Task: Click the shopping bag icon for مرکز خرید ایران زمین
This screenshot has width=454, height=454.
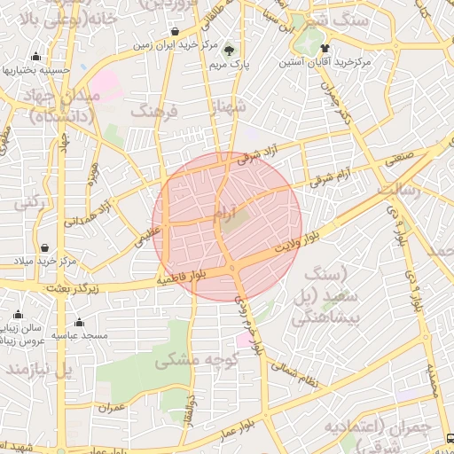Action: (x=175, y=33)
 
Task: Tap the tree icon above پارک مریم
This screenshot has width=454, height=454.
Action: (x=231, y=50)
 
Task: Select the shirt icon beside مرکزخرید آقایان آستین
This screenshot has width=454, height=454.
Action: (x=325, y=48)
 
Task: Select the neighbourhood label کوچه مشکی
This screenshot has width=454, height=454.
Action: (x=186, y=359)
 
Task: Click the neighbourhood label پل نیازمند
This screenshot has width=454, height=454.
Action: (x=36, y=366)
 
